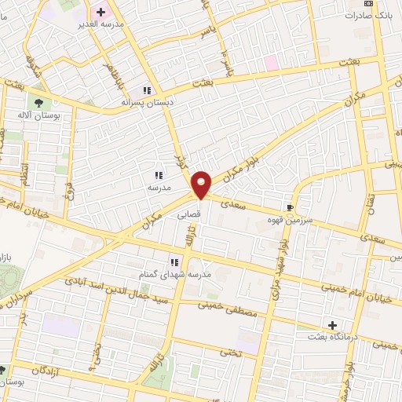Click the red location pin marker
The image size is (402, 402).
click(202, 185)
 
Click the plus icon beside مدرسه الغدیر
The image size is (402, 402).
click(100, 12)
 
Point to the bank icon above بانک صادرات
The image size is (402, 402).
click(370, 3)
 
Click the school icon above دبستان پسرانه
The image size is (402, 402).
click(147, 90)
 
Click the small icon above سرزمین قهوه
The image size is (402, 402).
click(291, 208)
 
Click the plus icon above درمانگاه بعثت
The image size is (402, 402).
click(332, 324)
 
